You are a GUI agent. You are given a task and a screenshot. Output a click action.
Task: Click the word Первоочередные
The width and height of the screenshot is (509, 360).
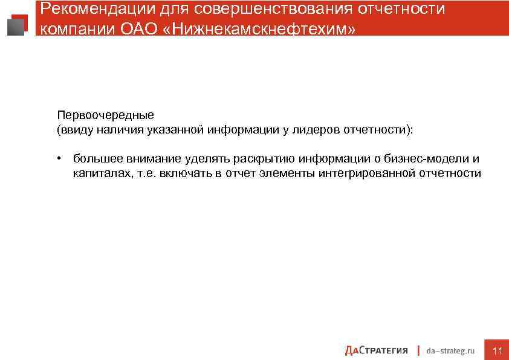[x=106, y=115]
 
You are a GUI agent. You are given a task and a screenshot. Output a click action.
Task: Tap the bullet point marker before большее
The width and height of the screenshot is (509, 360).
[x=60, y=159]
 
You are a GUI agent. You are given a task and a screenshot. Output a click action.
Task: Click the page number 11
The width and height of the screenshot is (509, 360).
[x=498, y=350]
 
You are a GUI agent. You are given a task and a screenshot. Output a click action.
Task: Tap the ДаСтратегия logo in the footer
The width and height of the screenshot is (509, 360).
[x=376, y=350]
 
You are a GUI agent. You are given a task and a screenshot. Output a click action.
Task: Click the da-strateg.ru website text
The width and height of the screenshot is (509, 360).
[x=450, y=350]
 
